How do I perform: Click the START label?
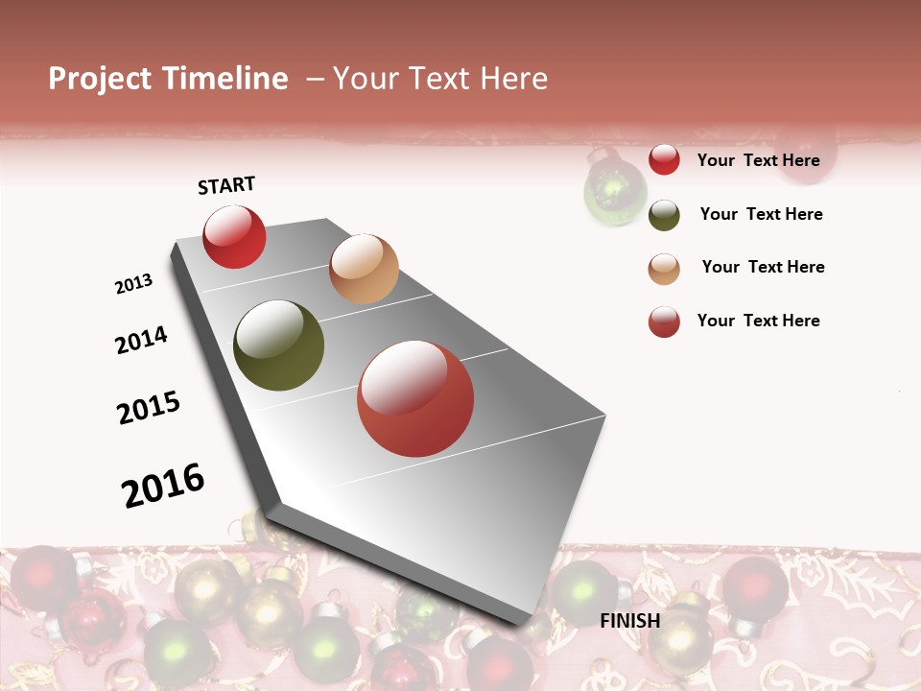tap(226, 185)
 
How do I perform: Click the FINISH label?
tap(630, 621)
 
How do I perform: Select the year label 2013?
tap(133, 284)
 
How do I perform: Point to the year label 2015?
tap(149, 408)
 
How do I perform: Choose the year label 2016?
tap(163, 485)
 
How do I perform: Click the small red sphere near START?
tap(234, 237)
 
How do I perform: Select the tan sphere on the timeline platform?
tap(364, 269)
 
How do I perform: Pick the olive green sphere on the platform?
tap(279, 345)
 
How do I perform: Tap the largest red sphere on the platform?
tap(415, 398)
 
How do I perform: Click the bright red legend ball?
tap(664, 159)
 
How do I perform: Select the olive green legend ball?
tap(664, 215)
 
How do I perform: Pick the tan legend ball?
tap(664, 269)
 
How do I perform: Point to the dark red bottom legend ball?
tap(664, 322)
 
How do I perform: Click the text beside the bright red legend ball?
tap(758, 160)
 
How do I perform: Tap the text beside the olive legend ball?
tap(761, 214)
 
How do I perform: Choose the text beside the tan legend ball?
tap(763, 267)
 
